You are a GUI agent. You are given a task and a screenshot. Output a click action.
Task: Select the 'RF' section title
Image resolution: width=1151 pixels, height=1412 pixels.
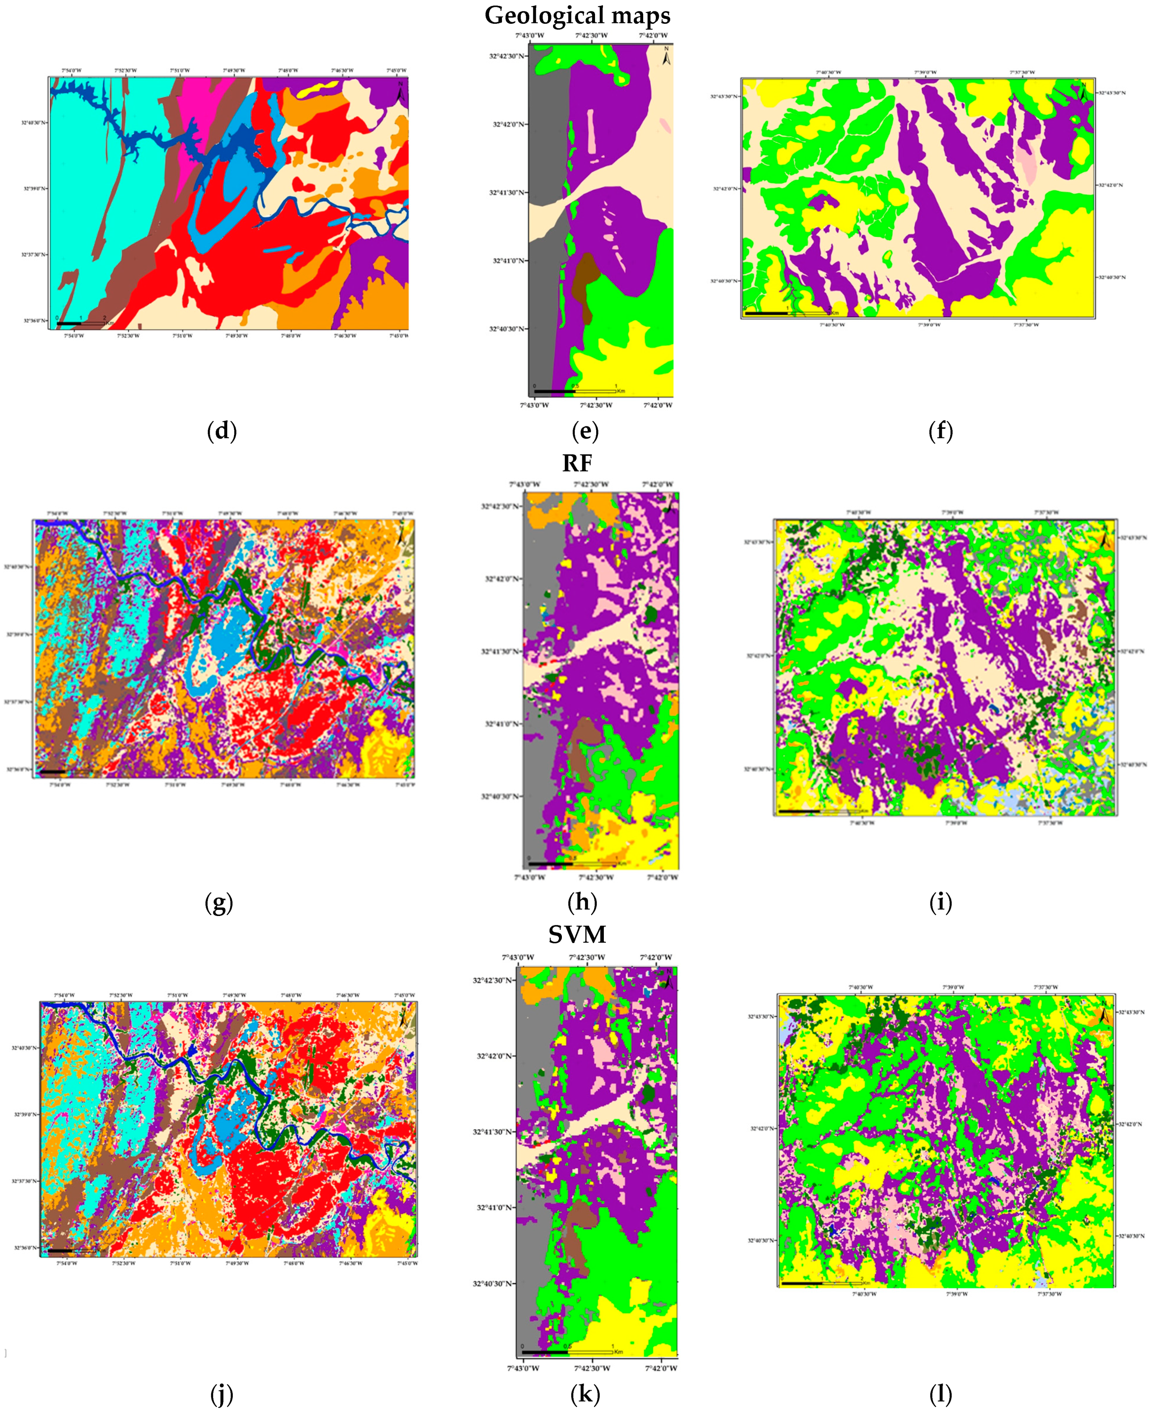pyautogui.click(x=577, y=463)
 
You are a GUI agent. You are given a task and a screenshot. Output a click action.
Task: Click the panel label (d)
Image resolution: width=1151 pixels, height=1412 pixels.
pyautogui.click(x=221, y=431)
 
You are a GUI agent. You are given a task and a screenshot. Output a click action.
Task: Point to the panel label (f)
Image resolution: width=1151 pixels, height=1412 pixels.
pyautogui.click(x=940, y=431)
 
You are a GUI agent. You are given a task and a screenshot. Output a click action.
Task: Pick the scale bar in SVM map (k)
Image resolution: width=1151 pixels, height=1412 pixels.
pyautogui.click(x=567, y=1352)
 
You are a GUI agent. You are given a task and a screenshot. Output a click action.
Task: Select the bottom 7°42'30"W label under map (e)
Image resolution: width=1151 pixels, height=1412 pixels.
pyautogui.click(x=595, y=405)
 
